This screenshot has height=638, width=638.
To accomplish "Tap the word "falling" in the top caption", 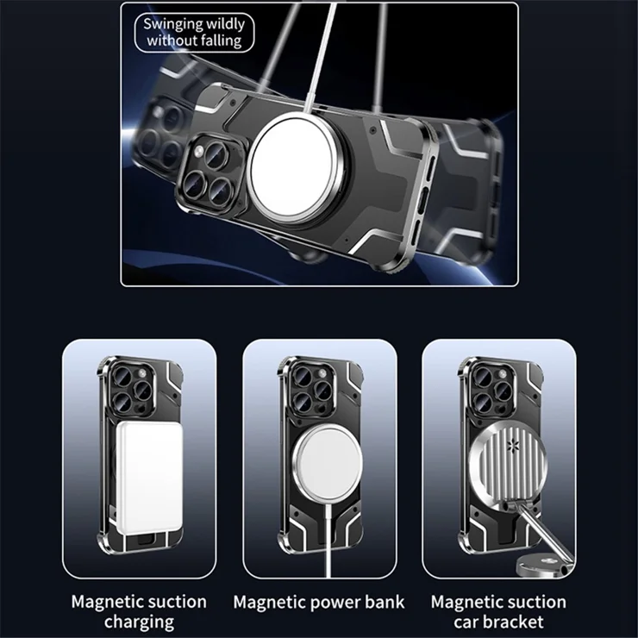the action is point(221,41).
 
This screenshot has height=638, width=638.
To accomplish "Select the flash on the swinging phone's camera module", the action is point(198,153).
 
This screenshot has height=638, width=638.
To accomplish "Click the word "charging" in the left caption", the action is point(139,622).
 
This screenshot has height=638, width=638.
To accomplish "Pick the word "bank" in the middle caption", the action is point(383,602).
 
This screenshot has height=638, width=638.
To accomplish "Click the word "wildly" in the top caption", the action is point(225,24).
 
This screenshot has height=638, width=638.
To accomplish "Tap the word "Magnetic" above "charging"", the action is point(105,602).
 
